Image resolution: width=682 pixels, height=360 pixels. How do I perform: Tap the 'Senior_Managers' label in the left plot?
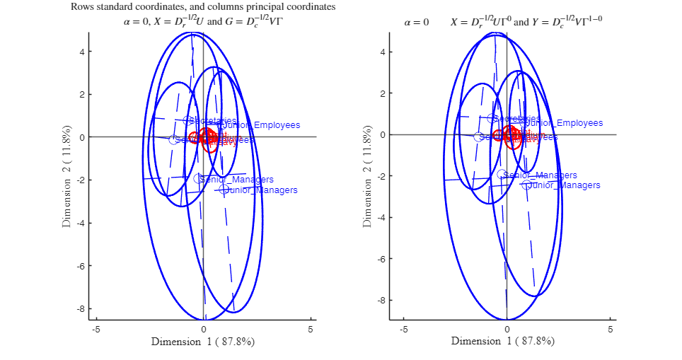click(237, 180)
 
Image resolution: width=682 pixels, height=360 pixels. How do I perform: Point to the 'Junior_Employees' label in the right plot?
click(563, 123)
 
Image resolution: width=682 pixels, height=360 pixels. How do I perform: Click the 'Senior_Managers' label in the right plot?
click(540, 175)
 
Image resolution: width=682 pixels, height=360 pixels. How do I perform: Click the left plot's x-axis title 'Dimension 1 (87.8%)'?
click(203, 342)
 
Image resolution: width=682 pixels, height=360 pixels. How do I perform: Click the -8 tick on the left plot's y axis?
click(81, 309)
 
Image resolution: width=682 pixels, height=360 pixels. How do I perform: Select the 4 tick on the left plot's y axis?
click(83, 52)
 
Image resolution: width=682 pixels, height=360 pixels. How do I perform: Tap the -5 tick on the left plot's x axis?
click(96, 330)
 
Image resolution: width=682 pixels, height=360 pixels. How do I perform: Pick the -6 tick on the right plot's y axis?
click(381, 259)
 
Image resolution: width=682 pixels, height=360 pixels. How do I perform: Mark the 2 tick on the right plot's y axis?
click(383, 93)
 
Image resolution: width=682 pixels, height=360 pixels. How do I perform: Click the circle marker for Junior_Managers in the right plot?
click(526, 185)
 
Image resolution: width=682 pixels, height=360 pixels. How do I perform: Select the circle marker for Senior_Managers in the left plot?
click(200, 179)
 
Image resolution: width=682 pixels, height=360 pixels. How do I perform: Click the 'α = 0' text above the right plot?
click(416, 23)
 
